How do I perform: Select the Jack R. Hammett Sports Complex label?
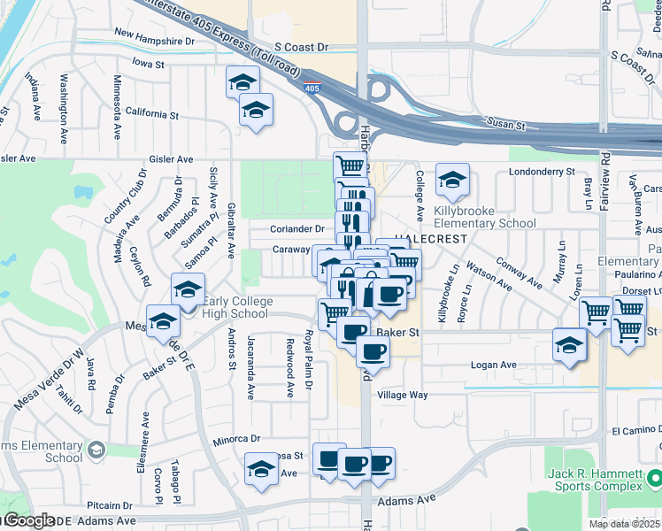pos(595,480)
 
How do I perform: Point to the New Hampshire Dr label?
pos(154,41)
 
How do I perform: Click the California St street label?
pos(151,114)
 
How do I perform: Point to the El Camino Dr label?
pos(635,431)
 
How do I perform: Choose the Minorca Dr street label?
pos(236,438)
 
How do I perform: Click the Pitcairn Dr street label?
pos(110,504)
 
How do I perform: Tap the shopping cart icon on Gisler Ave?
pos(350,165)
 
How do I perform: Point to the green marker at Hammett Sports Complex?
pos(654,480)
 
